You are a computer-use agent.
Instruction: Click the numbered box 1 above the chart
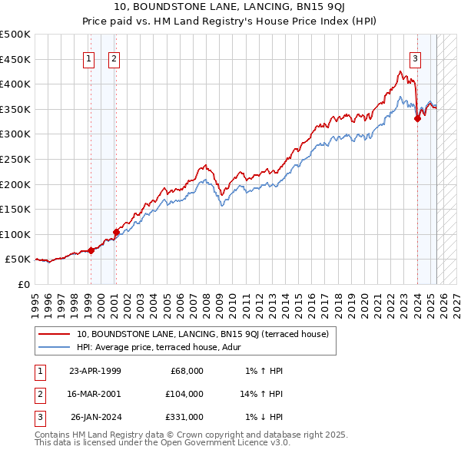pos(89,59)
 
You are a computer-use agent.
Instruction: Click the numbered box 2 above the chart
pos(114,59)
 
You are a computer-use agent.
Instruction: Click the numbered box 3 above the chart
pos(415,59)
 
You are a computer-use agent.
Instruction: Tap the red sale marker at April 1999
pos(91,250)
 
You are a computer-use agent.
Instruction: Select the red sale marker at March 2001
pos(116,232)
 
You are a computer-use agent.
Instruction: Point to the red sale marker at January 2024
pos(417,118)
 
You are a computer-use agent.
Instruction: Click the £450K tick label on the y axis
pos(15,59)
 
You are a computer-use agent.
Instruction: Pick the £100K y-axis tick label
pos(15,234)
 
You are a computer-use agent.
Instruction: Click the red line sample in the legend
pos(54,334)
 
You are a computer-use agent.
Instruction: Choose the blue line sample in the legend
pos(54,346)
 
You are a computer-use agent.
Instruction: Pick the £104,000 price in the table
pos(184,394)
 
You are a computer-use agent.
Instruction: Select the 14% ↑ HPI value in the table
pos(262,394)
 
